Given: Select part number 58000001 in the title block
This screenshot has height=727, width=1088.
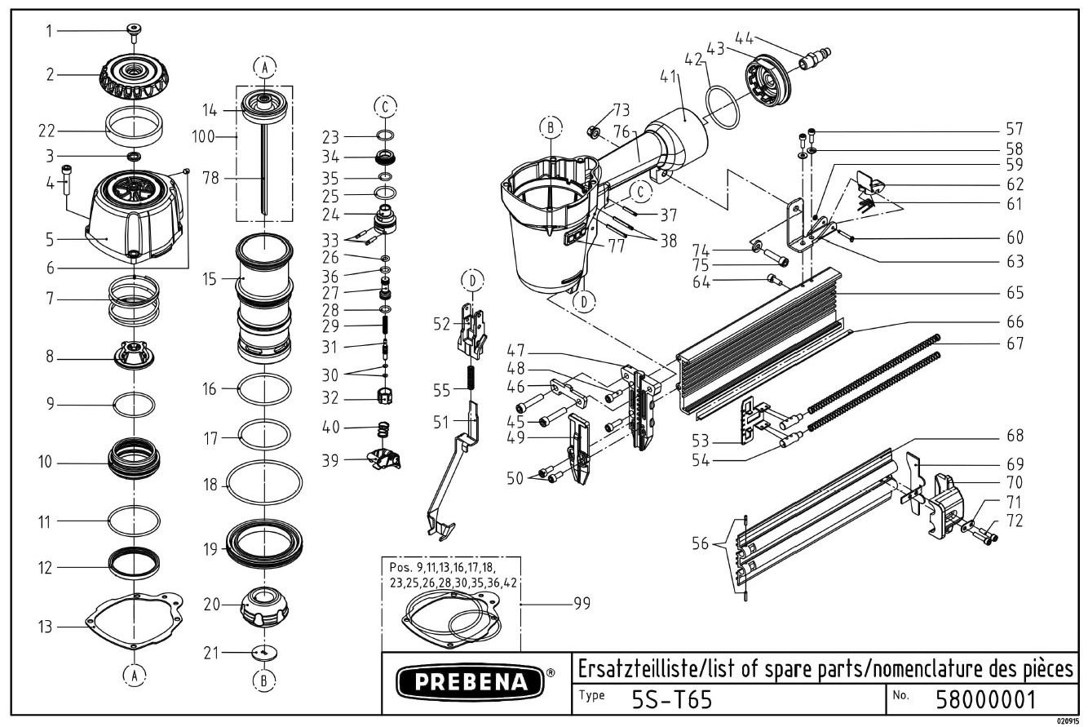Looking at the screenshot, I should tap(985, 699).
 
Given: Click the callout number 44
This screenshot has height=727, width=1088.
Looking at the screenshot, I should tap(743, 37).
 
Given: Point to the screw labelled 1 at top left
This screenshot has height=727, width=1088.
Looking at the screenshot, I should tap(133, 32).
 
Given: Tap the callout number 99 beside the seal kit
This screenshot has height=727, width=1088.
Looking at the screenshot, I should tap(582, 604).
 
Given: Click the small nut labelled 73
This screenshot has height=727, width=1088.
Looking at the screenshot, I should tap(595, 131).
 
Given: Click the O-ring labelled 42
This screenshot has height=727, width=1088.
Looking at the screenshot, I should tap(723, 106).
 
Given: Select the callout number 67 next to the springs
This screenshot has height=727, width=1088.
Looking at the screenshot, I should tap(1015, 344).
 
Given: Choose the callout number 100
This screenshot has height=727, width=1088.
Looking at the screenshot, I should tap(203, 136).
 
